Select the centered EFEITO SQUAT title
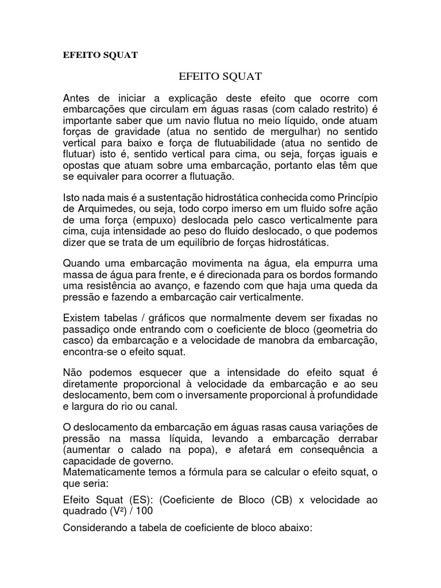[220, 75]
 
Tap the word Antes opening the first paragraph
[77, 98]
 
